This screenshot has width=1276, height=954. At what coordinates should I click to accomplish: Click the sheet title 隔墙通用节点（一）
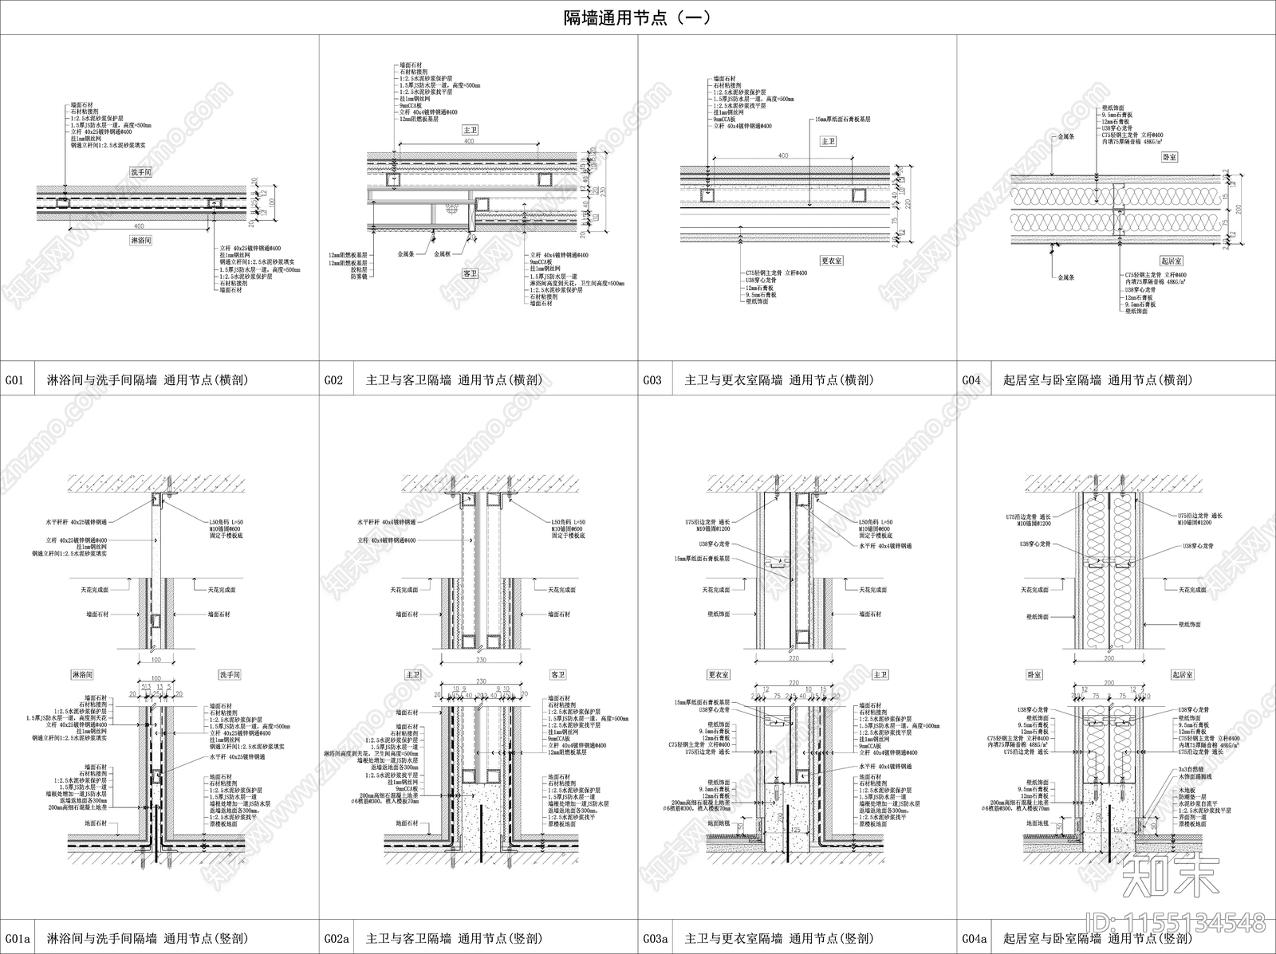click(x=637, y=17)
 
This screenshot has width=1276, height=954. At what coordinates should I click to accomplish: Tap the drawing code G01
click(x=16, y=380)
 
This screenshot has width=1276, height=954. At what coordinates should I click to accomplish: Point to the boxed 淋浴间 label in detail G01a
click(x=82, y=674)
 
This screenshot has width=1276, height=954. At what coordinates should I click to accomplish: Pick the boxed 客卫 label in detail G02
click(x=471, y=273)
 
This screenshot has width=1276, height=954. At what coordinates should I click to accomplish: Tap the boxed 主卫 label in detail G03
click(x=829, y=141)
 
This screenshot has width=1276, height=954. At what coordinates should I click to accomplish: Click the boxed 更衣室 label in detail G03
click(x=832, y=261)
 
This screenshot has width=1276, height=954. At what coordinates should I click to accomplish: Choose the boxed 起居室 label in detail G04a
click(x=1183, y=674)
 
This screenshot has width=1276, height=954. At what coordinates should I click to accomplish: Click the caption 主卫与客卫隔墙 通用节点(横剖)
click(x=453, y=380)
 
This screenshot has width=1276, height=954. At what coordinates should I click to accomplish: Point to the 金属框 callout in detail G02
click(x=443, y=254)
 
